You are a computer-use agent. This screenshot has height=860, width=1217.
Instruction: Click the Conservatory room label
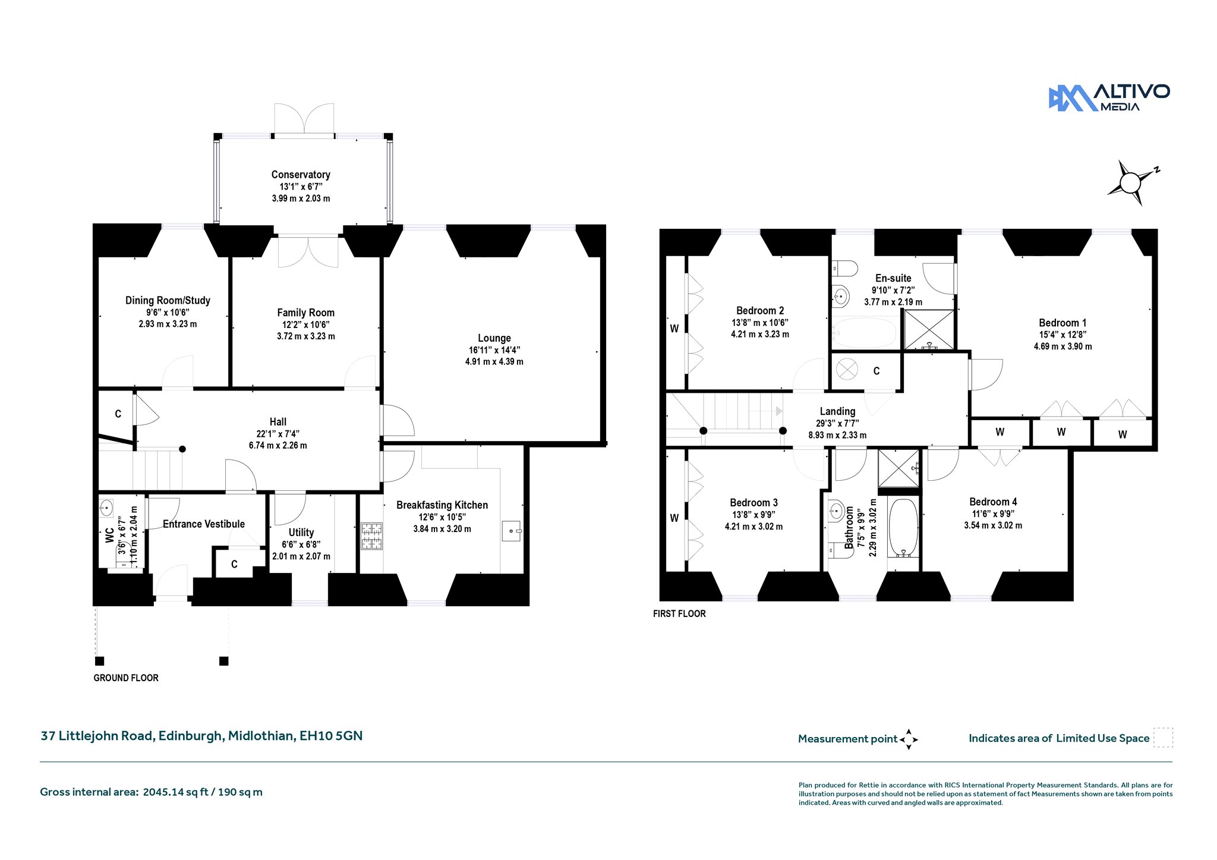[301, 175]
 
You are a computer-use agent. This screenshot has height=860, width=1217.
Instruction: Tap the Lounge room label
[494, 338]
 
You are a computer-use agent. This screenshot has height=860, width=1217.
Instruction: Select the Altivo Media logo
[1109, 98]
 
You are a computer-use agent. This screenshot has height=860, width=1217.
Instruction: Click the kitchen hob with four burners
[371, 536]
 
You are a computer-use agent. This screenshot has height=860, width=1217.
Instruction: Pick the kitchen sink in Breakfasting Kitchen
[512, 531]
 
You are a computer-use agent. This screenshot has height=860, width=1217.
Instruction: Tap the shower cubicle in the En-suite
[929, 330]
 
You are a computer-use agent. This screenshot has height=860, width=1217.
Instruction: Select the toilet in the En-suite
[844, 269]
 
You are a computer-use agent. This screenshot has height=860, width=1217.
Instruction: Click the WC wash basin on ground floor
[106, 508]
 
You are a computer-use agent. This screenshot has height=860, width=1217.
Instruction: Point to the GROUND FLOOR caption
[126, 678]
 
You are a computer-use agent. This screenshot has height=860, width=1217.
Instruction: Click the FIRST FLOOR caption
[679, 614]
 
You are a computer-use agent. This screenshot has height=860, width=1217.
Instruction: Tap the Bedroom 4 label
[993, 502]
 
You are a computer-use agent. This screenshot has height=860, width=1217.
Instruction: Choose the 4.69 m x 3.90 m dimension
[1062, 346]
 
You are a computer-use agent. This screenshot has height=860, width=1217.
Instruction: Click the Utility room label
[301, 533]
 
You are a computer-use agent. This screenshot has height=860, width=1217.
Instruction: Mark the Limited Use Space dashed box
[1163, 738]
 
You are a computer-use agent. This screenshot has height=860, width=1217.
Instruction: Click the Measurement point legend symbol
[909, 739]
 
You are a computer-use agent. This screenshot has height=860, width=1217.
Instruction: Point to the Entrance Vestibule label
[204, 524]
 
